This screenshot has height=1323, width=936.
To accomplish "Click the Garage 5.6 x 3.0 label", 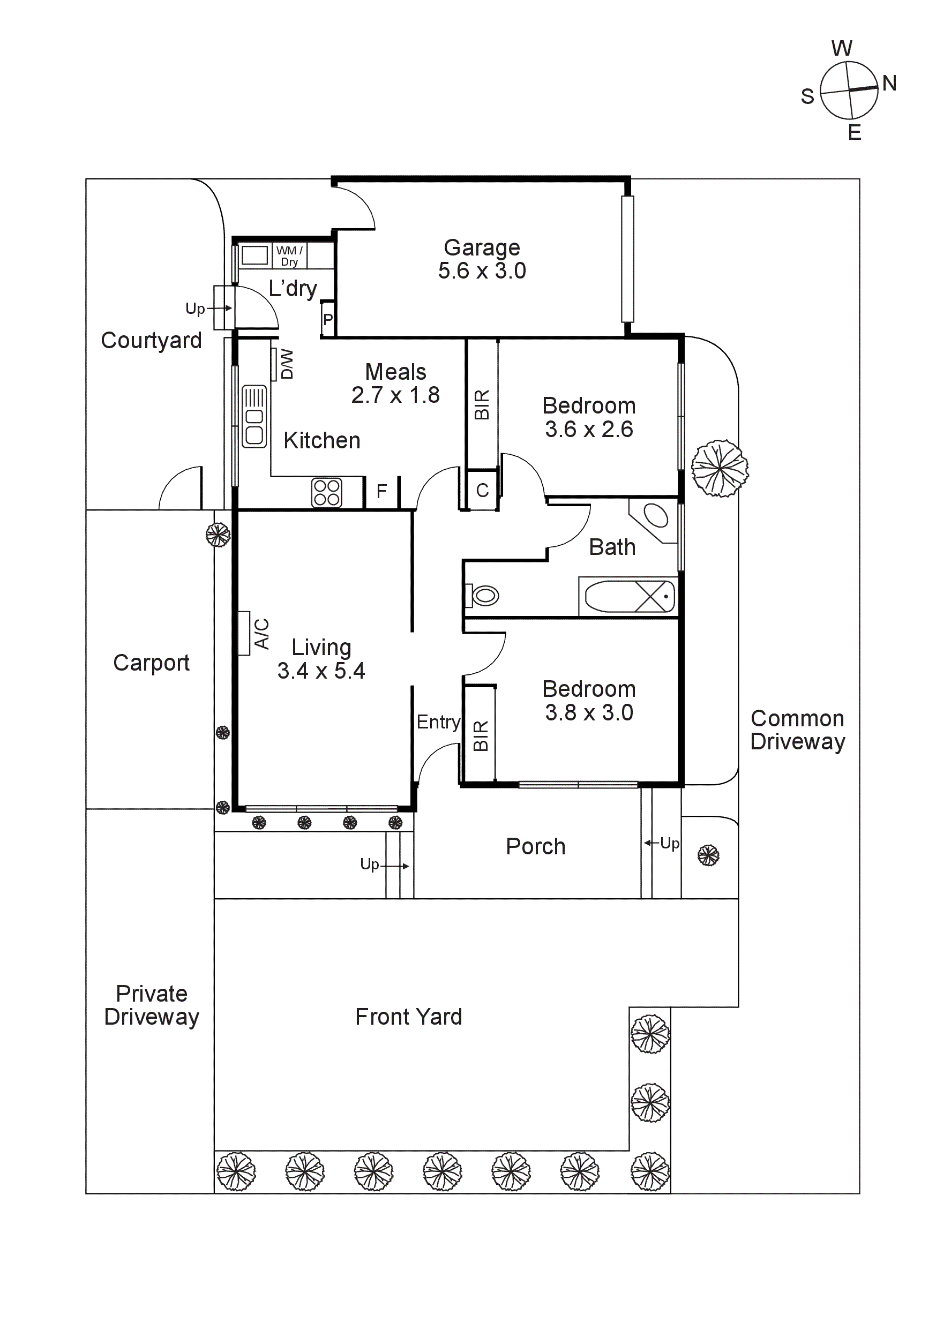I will (482, 259).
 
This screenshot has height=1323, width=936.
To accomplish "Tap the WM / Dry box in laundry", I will (289, 256).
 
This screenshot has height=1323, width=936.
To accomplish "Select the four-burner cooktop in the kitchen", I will (327, 493).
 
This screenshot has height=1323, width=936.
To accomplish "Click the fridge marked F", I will (381, 492).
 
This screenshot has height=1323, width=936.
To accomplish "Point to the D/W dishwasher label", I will (287, 364).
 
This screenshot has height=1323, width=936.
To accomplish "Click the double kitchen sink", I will (254, 416).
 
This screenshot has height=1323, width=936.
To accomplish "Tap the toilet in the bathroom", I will (483, 595).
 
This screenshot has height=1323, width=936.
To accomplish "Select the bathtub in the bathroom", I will (628, 596).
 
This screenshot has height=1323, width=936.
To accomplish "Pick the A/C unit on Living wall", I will (244, 633).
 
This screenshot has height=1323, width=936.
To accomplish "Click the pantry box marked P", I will (328, 319).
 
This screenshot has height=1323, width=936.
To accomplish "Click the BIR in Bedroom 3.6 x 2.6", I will (482, 404).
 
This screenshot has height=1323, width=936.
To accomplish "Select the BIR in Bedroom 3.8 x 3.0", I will (480, 735).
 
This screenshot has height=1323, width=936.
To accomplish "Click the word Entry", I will (438, 722).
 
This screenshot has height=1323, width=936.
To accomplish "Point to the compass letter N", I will (889, 83).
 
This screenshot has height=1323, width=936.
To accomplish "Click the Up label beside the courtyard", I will (195, 309).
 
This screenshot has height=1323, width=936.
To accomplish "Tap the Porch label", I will (535, 846).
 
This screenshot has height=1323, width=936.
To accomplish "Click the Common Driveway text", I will (797, 730).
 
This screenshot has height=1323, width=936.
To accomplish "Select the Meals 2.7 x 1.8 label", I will (395, 383).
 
